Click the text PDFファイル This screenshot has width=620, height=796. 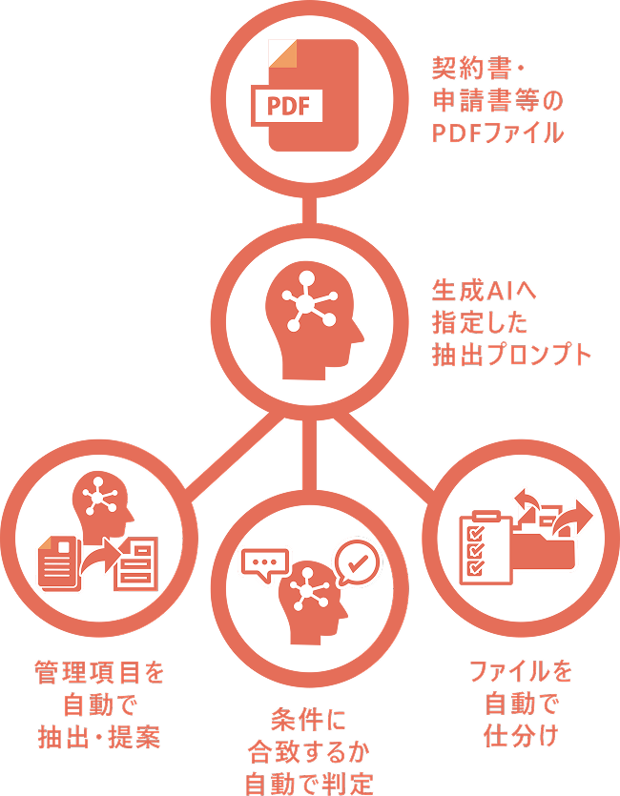pyautogui.click(x=497, y=133)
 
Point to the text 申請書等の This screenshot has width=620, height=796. pyautogui.click(x=497, y=101)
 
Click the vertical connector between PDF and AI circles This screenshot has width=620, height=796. pyautogui.click(x=309, y=212)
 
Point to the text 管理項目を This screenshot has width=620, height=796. pyautogui.click(x=99, y=673)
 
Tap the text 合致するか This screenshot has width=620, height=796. pyautogui.click(x=307, y=751)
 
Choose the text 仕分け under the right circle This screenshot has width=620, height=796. pyautogui.click(x=520, y=736)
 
